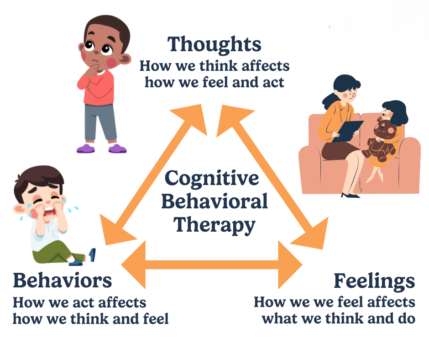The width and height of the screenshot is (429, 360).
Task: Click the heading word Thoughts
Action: [x=214, y=45]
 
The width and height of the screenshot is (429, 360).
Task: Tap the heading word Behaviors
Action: [x=62, y=280]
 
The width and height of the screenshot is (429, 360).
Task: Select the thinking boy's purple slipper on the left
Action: [x=85, y=148]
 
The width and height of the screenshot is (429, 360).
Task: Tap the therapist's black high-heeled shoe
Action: [x=350, y=195]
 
